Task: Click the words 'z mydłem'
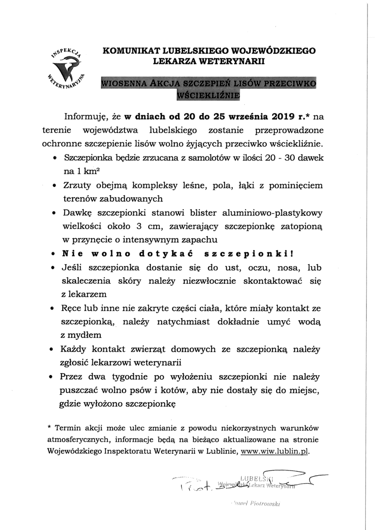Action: coord(81,336)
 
